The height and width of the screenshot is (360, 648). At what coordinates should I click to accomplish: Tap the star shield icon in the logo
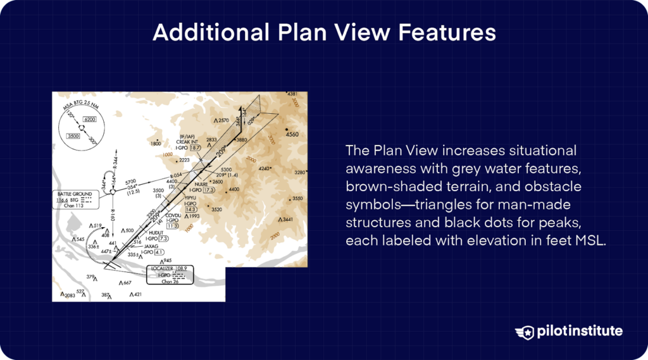click(x=525, y=332)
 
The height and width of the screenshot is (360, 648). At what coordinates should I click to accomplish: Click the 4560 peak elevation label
click(x=292, y=135)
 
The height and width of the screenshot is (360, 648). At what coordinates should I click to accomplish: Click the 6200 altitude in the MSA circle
click(x=89, y=120)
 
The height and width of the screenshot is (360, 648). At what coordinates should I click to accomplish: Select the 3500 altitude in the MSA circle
click(x=75, y=135)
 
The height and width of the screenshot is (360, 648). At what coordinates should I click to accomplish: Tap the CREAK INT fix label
click(x=189, y=142)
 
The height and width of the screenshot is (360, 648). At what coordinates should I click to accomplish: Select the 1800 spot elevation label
click(x=156, y=144)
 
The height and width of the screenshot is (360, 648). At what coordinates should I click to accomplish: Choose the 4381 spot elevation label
click(x=292, y=94)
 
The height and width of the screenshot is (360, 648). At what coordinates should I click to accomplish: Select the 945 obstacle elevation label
click(x=168, y=261)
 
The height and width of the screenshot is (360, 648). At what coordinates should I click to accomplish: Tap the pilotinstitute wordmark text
click(x=579, y=332)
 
